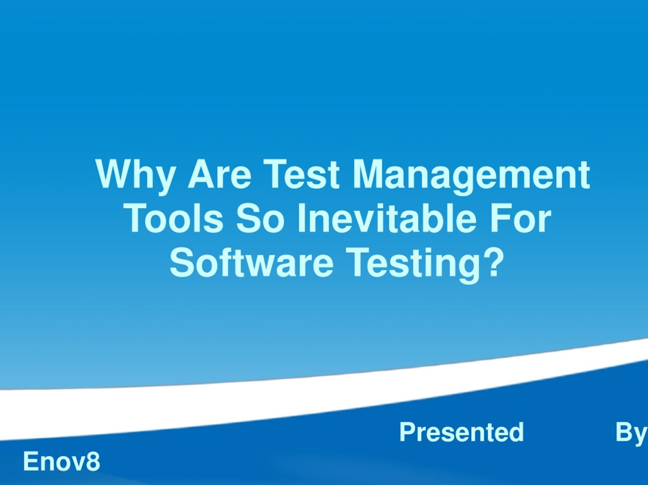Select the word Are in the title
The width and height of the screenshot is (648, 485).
point(219,174)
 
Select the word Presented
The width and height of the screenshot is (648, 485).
point(462,432)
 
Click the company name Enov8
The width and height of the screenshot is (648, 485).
point(62,461)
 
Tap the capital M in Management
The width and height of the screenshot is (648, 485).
point(368,174)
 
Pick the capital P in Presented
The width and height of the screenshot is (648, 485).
point(408,432)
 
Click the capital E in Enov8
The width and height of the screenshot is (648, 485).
point(30,461)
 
